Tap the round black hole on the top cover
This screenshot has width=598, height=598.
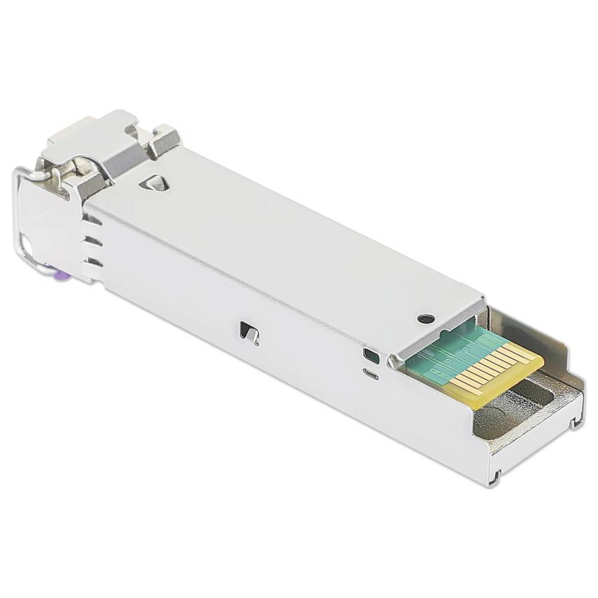tap(425, 318)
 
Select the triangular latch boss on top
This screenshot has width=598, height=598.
tap(155, 183)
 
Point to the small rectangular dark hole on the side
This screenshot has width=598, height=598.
tap(371, 356)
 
